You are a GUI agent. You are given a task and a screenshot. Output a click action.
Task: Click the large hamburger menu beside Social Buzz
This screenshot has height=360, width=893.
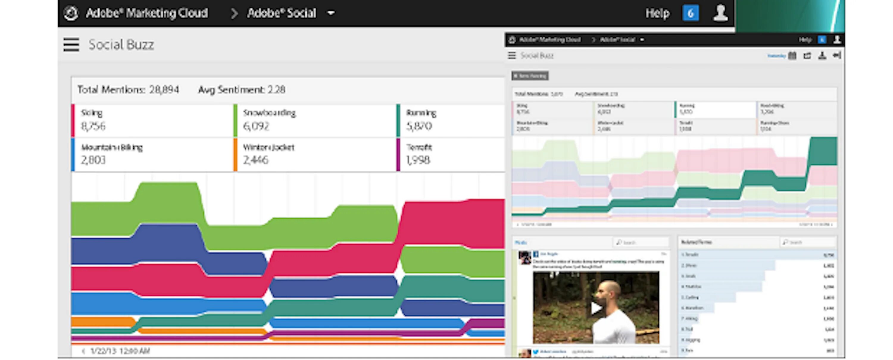click(x=71, y=45)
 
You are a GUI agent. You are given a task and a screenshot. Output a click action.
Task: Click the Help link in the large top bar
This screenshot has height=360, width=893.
click(x=657, y=13)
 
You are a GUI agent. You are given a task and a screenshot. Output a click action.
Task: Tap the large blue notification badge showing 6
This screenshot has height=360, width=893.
click(x=690, y=13)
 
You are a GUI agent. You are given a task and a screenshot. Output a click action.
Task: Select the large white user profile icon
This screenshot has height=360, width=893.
click(x=720, y=13)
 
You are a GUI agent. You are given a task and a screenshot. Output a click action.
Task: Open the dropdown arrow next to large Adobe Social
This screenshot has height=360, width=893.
click(x=331, y=13)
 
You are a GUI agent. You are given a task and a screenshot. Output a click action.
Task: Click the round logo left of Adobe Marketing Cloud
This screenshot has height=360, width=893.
click(x=71, y=13)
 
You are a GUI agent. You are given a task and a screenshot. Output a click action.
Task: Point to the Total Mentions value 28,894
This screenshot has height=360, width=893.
click(x=164, y=90)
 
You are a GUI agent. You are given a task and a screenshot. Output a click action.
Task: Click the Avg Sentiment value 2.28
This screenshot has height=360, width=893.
click(x=276, y=90)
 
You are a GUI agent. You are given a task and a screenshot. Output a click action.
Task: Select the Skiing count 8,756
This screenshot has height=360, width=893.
click(x=93, y=126)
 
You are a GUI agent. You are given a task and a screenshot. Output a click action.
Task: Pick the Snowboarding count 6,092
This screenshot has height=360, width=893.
click(x=256, y=126)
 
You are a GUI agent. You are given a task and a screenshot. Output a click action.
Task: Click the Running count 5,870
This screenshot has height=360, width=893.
click(x=419, y=126)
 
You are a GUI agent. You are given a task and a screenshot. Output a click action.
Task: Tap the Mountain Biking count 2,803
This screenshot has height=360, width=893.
click(x=93, y=160)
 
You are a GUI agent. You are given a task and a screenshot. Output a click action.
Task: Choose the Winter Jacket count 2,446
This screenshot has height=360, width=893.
click(x=255, y=160)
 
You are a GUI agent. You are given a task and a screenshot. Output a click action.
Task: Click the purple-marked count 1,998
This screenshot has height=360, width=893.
click(x=418, y=160)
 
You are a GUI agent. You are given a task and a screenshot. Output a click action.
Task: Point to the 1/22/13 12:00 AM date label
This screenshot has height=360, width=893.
click(x=120, y=351)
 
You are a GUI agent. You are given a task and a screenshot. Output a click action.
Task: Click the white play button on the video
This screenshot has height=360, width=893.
click(x=595, y=308)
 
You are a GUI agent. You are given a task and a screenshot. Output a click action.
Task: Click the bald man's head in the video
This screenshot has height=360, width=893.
click(x=610, y=291)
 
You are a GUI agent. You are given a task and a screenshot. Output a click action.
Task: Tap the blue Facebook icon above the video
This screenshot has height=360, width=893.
click(x=536, y=254)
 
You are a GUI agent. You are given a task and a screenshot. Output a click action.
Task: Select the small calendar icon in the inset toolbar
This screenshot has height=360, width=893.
click(x=792, y=55)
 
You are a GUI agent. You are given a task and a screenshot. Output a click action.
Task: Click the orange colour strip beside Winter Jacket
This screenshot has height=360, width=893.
click(x=235, y=155)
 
